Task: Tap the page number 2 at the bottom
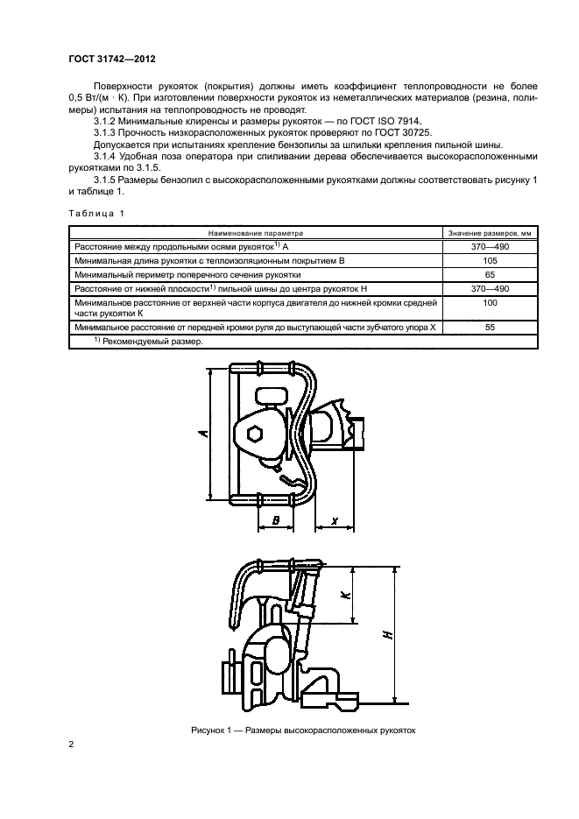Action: pos(70,745)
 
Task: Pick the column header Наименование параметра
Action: pos(255,234)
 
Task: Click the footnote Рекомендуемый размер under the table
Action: pos(152,342)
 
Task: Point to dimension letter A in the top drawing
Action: pos(203,433)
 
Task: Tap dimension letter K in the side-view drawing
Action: pos(345,595)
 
